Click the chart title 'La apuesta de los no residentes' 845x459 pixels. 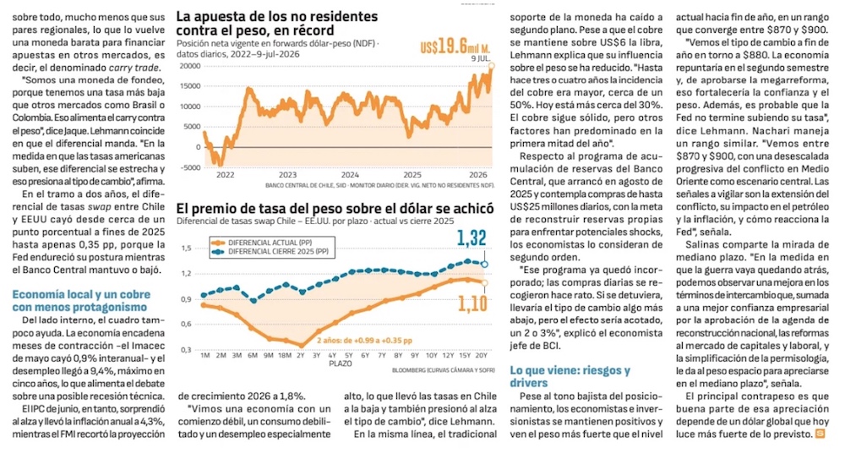pyautogui.click(x=277, y=17)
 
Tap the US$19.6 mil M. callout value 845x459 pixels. pyautogui.click(x=455, y=46)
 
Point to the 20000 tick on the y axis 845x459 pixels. pyautogui.click(x=189, y=66)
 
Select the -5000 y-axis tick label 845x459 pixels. pyautogui.click(x=189, y=167)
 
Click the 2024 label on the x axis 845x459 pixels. pyautogui.click(x=350, y=175)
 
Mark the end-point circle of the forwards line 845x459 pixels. pyautogui.click(x=491, y=66)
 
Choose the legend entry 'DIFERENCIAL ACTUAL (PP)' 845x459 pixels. pyautogui.click(x=270, y=243)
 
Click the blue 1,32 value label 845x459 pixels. pyautogui.click(x=472, y=238)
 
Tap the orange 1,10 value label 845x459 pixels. pyautogui.click(x=472, y=303)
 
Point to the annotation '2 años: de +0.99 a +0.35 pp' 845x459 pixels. pyautogui.click(x=364, y=341)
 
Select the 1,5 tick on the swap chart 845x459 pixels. pyautogui.click(x=187, y=249)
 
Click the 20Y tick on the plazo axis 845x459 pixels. pyautogui.click(x=481, y=355)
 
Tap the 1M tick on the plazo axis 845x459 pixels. pyautogui.click(x=204, y=355)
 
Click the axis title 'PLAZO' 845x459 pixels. pyautogui.click(x=340, y=363)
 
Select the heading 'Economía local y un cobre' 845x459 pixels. pyautogui.click(x=81, y=294)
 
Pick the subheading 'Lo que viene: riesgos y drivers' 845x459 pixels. pyautogui.click(x=570, y=376)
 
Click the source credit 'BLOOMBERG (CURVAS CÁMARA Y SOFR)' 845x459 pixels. pyautogui.click(x=443, y=370)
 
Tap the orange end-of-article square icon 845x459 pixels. pyautogui.click(x=820, y=433)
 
